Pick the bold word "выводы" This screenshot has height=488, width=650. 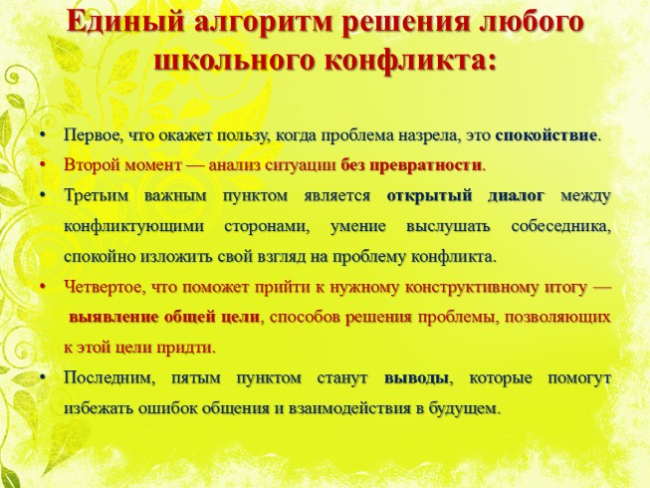coord(415,379)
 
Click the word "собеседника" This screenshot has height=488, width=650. coord(559,226)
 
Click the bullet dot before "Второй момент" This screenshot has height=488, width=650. coord(41,164)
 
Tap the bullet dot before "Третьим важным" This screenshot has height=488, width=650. coord(41,195)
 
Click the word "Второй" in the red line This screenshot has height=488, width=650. coord(89,164)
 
